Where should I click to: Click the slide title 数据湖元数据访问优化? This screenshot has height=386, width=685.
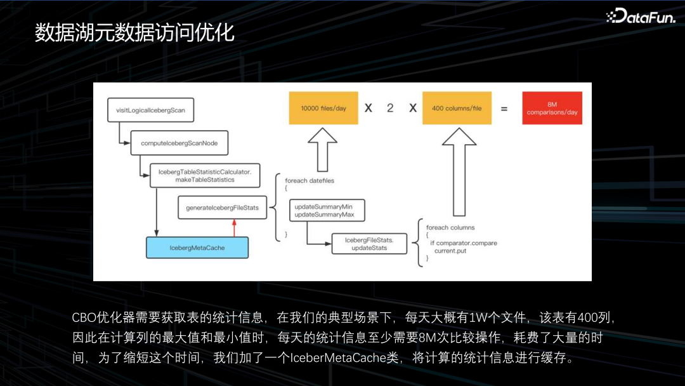tap(134, 33)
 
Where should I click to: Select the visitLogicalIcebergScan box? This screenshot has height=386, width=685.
tap(150, 110)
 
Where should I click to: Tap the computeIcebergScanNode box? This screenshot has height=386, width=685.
tap(179, 143)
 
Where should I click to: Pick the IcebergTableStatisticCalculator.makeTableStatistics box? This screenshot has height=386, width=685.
tap(205, 176)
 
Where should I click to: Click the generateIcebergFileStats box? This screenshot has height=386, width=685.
tap(222, 208)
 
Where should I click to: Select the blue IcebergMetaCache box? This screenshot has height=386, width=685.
tap(197, 248)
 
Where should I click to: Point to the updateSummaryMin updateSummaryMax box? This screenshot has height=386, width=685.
tap(323, 211)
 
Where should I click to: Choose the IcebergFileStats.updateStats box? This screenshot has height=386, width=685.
tap(369, 244)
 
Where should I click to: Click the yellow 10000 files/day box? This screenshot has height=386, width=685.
tap(323, 108)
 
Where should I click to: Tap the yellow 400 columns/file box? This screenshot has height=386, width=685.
tap(457, 108)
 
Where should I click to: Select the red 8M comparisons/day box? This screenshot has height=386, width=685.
tap(552, 108)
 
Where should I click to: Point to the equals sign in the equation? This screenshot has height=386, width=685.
tap(504, 109)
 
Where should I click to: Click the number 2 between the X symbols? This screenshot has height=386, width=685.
tap(390, 108)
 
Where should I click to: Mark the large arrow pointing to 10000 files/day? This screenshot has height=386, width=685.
tap(323, 149)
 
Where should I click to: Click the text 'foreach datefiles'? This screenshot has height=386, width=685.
tap(310, 180)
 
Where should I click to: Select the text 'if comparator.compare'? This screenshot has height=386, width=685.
tap(464, 243)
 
